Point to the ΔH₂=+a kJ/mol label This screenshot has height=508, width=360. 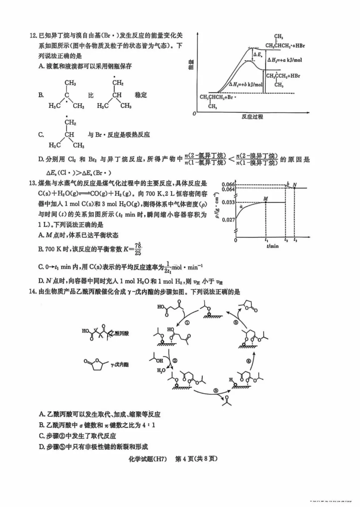pyautogui.click(x=285, y=60)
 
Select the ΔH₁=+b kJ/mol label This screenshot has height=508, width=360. pyautogui.click(x=246, y=84)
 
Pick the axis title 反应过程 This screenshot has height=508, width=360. pyautogui.click(x=252, y=116)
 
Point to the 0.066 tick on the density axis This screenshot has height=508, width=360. pyautogui.click(x=228, y=184)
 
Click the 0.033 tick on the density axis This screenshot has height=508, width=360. pyautogui.click(x=228, y=202)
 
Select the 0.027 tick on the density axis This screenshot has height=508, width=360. pyautogui.click(x=228, y=219)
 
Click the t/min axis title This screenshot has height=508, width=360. pyautogui.click(x=272, y=246)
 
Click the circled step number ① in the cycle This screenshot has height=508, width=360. pyautogui.click(x=187, y=323)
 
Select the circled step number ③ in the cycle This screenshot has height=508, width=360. pyautogui.click(x=216, y=391)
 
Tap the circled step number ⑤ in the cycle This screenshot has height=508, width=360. pyautogui.click(x=236, y=323)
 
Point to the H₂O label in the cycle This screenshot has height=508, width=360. pyautogui.click(x=161, y=371)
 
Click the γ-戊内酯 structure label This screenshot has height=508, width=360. pyautogui.click(x=119, y=365)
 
